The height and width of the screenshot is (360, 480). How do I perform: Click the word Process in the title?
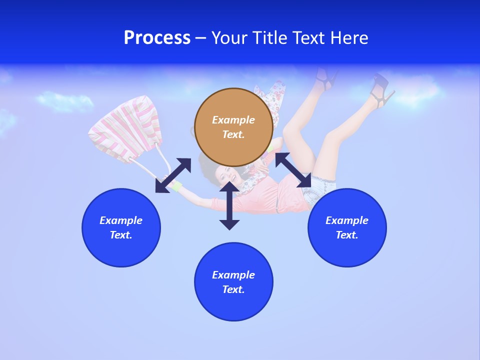pos(157,38)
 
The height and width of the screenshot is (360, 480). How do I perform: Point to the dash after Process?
pos(200,38)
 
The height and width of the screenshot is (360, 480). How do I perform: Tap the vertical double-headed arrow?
pos(229,205)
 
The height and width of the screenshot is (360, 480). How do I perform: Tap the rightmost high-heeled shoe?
pos(382,91)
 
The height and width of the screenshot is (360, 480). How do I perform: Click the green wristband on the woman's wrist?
pos(177,187)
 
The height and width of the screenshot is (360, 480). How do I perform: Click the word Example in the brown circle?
pos(233,120)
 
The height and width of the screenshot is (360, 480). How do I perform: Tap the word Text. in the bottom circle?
pos(233,289)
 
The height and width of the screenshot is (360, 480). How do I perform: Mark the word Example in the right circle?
pos(347,220)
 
